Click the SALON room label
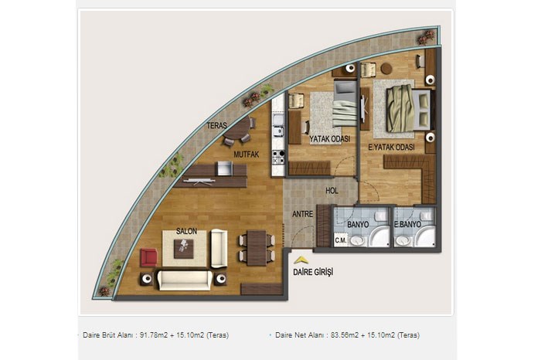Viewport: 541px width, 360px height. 187,232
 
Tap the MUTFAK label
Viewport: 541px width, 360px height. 247,155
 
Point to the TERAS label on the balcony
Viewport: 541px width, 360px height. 216,125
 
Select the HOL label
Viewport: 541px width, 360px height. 332,191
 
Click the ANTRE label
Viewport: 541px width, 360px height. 303,214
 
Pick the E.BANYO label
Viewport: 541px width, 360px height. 408,225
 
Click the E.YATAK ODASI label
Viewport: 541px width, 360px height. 391,148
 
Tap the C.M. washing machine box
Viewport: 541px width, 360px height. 341,240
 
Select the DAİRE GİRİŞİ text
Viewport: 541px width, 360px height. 313,272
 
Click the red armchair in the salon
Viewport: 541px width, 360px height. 148,257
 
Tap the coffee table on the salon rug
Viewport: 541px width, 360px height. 184,249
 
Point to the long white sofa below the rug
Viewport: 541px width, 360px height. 185,280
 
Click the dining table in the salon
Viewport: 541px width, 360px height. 257,248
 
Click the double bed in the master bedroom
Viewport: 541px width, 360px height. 409,110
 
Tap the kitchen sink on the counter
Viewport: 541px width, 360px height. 277,120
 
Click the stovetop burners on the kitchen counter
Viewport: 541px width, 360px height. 278,157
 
